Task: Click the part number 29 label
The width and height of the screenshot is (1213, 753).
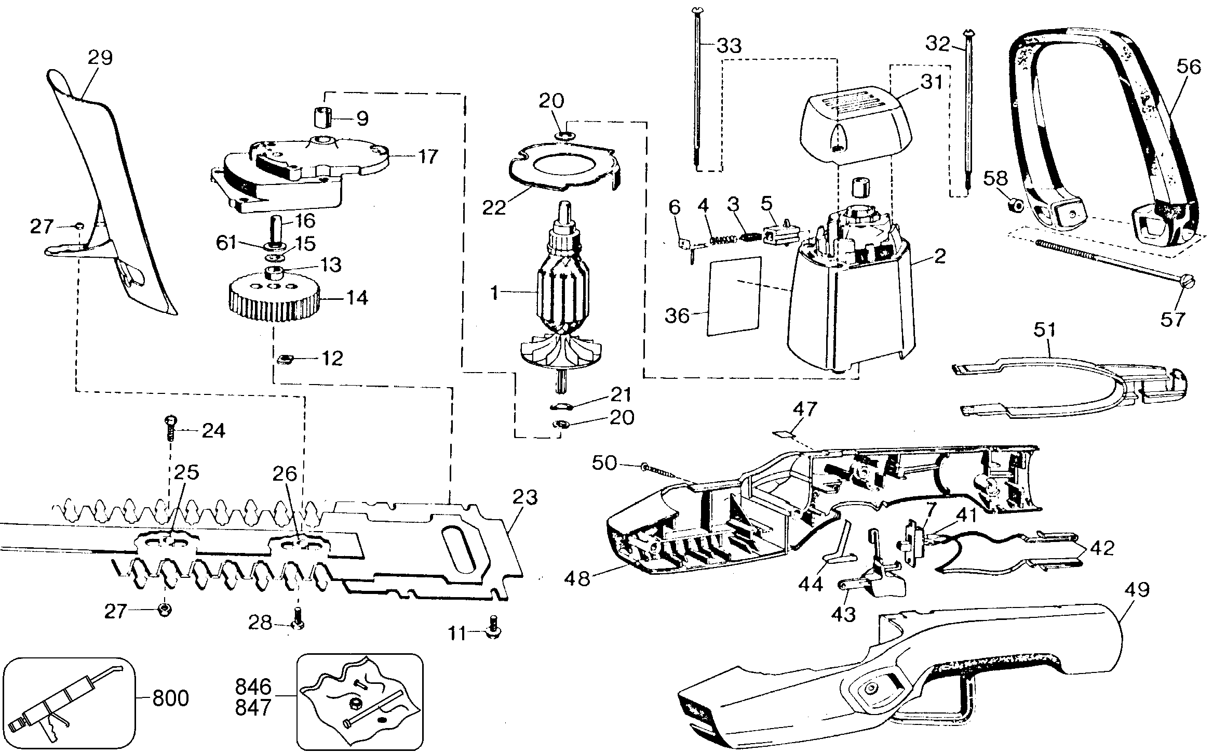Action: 100,58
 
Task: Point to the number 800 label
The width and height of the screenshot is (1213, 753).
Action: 171,698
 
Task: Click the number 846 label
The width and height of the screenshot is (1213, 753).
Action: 253,687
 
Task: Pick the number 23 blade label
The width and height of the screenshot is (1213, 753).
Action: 525,497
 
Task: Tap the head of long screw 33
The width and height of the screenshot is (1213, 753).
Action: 697,11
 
